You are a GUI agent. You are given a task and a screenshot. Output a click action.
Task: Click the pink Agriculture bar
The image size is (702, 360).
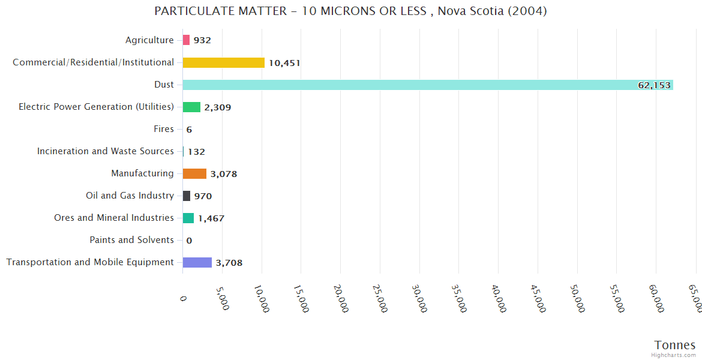(x=186, y=40)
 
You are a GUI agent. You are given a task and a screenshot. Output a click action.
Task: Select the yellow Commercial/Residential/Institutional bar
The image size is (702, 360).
(x=223, y=62)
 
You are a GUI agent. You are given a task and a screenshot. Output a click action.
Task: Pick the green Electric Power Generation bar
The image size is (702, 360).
(x=191, y=107)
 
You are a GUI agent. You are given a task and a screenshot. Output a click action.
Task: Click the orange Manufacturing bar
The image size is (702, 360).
(x=194, y=173)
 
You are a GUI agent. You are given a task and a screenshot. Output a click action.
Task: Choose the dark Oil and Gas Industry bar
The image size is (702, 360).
(x=187, y=196)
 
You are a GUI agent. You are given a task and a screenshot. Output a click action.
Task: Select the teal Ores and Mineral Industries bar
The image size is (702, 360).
(x=188, y=218)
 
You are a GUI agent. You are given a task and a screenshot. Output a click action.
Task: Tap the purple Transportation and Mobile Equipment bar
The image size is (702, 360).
(x=197, y=262)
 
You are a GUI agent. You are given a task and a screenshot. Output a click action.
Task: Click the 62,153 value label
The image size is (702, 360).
(x=654, y=85)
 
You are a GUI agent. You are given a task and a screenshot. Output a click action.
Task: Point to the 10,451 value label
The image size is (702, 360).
(x=284, y=63)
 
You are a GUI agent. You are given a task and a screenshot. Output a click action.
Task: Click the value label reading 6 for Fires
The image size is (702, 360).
(x=189, y=130)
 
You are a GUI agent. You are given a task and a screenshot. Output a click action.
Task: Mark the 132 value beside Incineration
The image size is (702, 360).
(x=196, y=152)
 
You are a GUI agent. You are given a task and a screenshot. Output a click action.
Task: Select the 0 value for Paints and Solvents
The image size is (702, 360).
(x=189, y=241)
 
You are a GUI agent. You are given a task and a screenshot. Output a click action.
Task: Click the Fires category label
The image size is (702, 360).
(x=164, y=129)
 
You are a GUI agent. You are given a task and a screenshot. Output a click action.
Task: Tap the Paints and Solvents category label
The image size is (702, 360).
(x=131, y=240)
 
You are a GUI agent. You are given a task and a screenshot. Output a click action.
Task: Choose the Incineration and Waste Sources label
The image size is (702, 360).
(x=106, y=151)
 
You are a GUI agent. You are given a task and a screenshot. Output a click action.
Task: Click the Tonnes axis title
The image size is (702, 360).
(x=675, y=345)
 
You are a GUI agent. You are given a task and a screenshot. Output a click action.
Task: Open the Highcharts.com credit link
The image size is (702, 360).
(x=674, y=355)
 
